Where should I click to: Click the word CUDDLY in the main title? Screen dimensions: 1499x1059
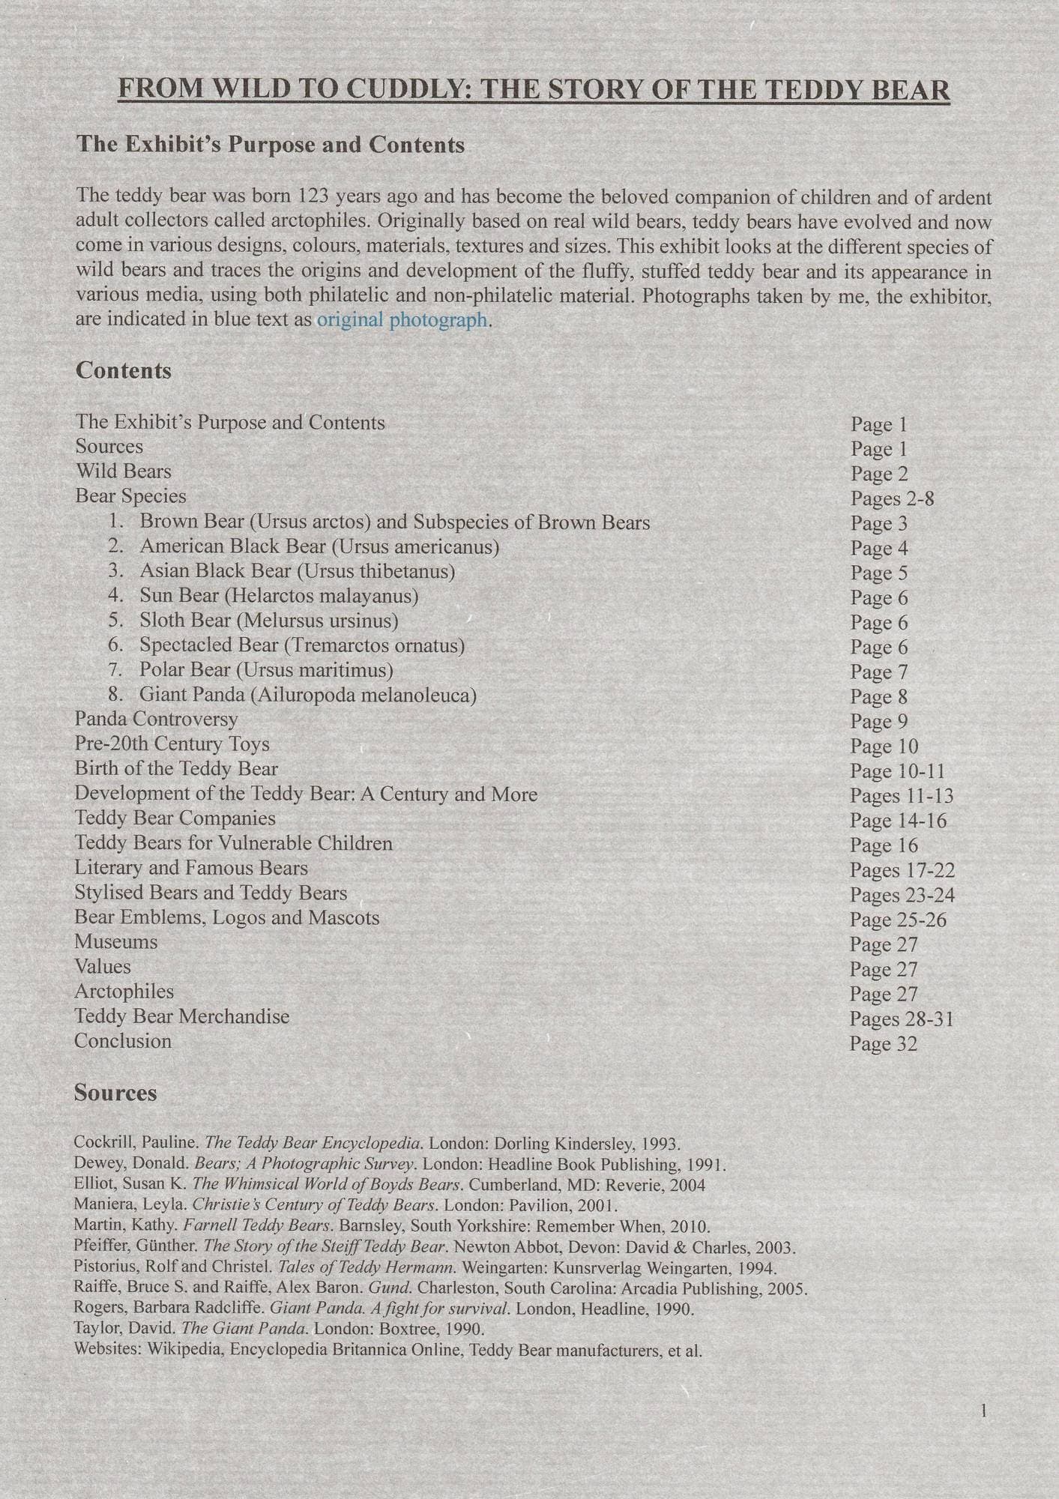(406, 89)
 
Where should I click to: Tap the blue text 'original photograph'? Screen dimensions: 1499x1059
(402, 320)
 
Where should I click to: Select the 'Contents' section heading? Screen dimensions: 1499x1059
(124, 370)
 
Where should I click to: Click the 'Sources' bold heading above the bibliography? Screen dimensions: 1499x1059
(115, 1093)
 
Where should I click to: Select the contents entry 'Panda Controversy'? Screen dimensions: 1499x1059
(156, 719)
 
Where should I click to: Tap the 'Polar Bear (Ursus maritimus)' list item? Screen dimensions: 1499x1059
(266, 669)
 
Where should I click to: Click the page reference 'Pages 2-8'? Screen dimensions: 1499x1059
(892, 498)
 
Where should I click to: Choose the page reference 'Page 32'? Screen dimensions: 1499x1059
(883, 1044)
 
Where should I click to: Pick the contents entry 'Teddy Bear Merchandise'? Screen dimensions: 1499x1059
(181, 1016)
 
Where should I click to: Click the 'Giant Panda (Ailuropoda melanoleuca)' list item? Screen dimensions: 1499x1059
(308, 695)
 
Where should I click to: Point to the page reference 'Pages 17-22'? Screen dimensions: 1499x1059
(902, 870)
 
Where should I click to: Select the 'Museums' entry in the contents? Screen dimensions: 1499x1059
(116, 942)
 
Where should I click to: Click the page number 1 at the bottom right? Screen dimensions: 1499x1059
(983, 1412)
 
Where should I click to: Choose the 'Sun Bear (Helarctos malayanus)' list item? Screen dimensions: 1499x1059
(279, 596)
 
